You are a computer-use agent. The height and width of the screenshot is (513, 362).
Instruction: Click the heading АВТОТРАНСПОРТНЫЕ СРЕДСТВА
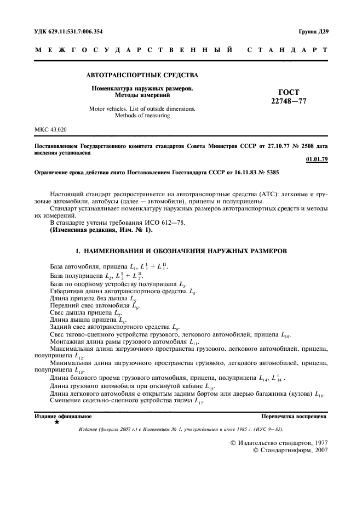[x=143, y=75]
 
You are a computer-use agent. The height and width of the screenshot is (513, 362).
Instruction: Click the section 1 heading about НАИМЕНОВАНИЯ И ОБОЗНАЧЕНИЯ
[x=181, y=250]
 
